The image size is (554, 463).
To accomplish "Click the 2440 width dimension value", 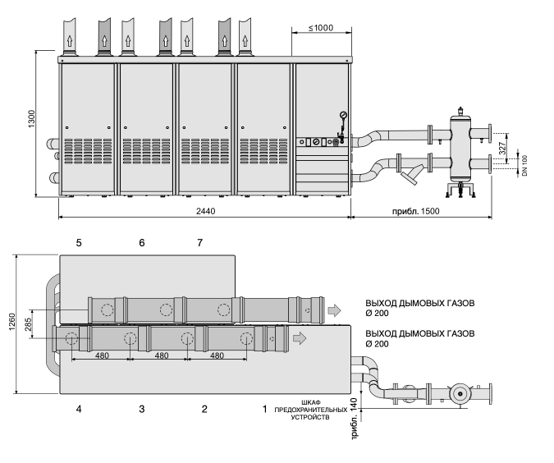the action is point(206,211).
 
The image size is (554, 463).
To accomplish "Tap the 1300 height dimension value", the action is point(32,119).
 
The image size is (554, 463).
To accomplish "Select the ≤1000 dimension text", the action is point(321,28).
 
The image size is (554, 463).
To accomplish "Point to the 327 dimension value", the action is point(502,149).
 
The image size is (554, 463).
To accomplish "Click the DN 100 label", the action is point(524,166).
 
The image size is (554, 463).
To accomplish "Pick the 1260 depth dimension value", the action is point(12,322).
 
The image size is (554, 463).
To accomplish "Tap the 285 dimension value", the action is point(28,324).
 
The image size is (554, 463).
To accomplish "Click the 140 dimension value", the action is point(355,404).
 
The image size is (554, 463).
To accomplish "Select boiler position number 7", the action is point(200,243).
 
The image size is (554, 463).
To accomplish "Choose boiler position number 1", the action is point(264,410).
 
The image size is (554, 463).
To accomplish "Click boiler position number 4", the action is point(79,410).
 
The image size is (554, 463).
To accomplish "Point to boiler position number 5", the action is point(79,243).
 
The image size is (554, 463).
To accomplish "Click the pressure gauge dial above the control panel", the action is point(343,115).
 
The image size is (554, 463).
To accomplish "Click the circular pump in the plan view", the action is point(460,394).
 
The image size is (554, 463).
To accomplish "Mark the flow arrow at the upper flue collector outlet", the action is point(334,310).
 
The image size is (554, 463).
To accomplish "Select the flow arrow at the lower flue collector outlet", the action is point(300,338).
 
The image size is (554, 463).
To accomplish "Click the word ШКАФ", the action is point(311,402).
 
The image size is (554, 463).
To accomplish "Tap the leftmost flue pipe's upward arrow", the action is point(69,41).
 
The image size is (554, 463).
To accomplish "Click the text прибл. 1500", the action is point(416,211).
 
